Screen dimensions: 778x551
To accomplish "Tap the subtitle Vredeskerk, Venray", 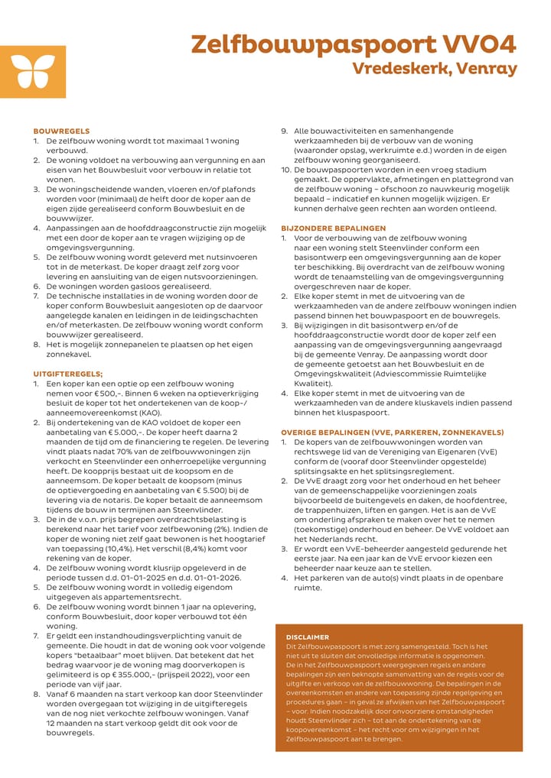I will click(435, 69).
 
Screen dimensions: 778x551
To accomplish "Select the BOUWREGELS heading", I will click(61, 131).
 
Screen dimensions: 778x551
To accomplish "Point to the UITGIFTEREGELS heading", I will click(68, 373).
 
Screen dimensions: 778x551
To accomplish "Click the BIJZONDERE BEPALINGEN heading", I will click(334, 228).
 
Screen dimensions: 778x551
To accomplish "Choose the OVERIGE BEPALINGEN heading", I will click(392, 432).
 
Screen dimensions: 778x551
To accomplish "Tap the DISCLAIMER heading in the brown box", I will click(307, 637).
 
